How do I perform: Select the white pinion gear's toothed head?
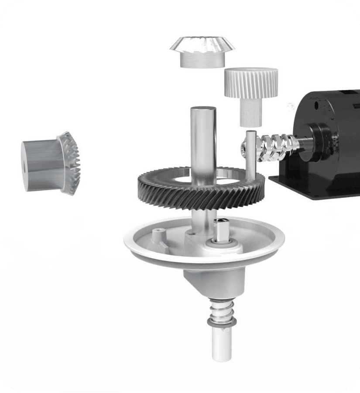[x=250, y=83]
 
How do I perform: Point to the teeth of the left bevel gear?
[x=72, y=164]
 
